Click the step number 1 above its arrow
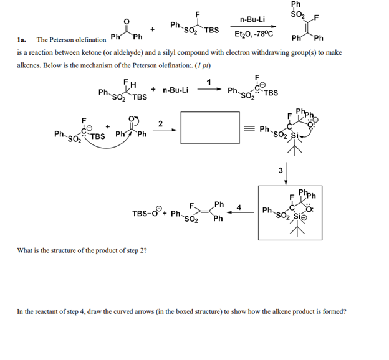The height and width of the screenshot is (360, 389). (x=209, y=82)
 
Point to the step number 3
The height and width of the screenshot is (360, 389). (x=281, y=169)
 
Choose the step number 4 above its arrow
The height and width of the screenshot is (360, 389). (x=239, y=207)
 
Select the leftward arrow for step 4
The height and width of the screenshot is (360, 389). (x=239, y=213)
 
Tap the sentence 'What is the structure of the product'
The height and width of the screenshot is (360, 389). (x=78, y=251)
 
